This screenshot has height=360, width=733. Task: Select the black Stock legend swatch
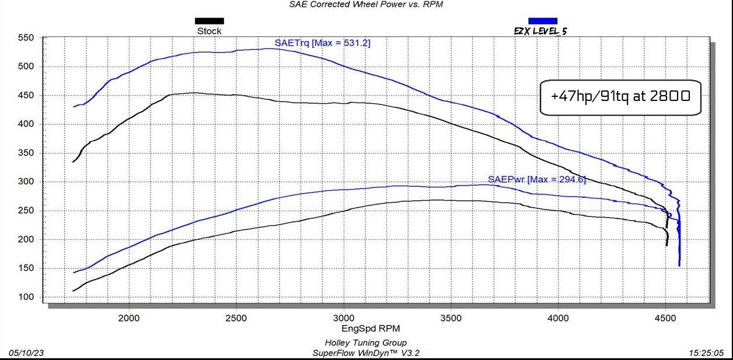point(209,21)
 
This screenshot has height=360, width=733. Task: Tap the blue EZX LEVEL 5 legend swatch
point(542,21)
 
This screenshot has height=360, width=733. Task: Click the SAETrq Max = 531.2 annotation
point(322,43)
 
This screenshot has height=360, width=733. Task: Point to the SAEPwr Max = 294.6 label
point(536,179)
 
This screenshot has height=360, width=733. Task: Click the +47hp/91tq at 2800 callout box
point(620,97)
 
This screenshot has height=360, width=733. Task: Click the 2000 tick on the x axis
point(128,318)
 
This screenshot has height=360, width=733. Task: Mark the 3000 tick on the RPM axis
point(343,318)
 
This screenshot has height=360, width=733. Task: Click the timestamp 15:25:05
point(707,353)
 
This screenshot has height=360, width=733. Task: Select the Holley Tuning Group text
point(366,343)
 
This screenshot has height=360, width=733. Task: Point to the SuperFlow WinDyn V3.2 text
point(366,353)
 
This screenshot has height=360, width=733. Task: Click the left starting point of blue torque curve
point(74,107)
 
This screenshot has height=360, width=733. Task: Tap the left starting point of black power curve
point(73,291)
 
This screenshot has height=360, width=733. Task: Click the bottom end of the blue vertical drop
point(679,265)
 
